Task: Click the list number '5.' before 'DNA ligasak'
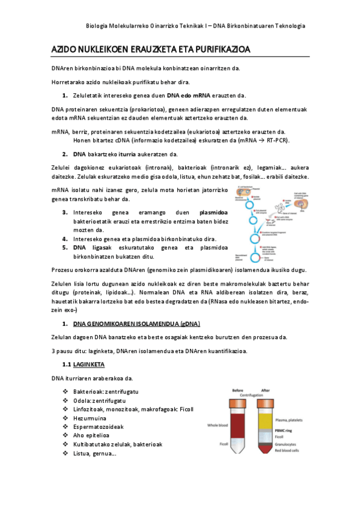click(x=64, y=247)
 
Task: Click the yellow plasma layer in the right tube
click(x=266, y=419)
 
